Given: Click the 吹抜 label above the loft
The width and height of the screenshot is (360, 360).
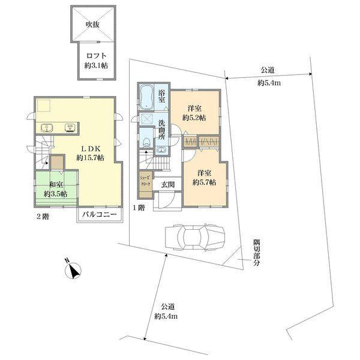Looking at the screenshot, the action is tap(93, 25).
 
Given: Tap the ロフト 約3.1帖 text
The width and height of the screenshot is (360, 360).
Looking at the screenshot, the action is tap(96, 61).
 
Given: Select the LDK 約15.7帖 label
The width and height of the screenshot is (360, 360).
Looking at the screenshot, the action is tap(90, 153).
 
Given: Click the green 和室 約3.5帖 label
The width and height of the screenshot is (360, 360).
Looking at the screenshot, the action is tap(56, 189).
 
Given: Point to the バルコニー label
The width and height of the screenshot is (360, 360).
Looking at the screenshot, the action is tap(100, 215).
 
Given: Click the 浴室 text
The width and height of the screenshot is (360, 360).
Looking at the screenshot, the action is tap(161, 96).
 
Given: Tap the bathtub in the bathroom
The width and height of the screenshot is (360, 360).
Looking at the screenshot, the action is tap(146, 97).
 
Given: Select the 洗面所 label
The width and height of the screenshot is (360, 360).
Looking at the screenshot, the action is tap(161, 130).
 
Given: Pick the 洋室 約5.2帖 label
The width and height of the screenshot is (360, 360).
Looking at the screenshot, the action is tap(194, 113).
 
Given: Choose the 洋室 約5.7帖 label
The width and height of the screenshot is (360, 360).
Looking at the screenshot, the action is tap(204, 178).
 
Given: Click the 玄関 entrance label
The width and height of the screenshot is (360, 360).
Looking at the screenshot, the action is tap(167, 185).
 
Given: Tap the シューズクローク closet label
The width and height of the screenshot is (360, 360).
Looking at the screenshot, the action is tap(145, 181).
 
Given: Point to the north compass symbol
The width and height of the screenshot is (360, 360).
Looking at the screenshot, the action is tap(73, 269).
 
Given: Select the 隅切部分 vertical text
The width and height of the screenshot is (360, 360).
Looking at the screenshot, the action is tap(256, 253).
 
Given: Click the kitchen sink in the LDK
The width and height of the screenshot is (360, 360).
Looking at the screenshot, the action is tap(47, 128).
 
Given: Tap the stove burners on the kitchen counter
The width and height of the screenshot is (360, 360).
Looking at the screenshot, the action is tap(70, 128).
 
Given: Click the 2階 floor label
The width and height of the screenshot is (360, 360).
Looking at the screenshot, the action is tap(43, 217).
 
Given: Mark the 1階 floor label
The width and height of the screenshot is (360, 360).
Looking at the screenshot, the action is tap(139, 208).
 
